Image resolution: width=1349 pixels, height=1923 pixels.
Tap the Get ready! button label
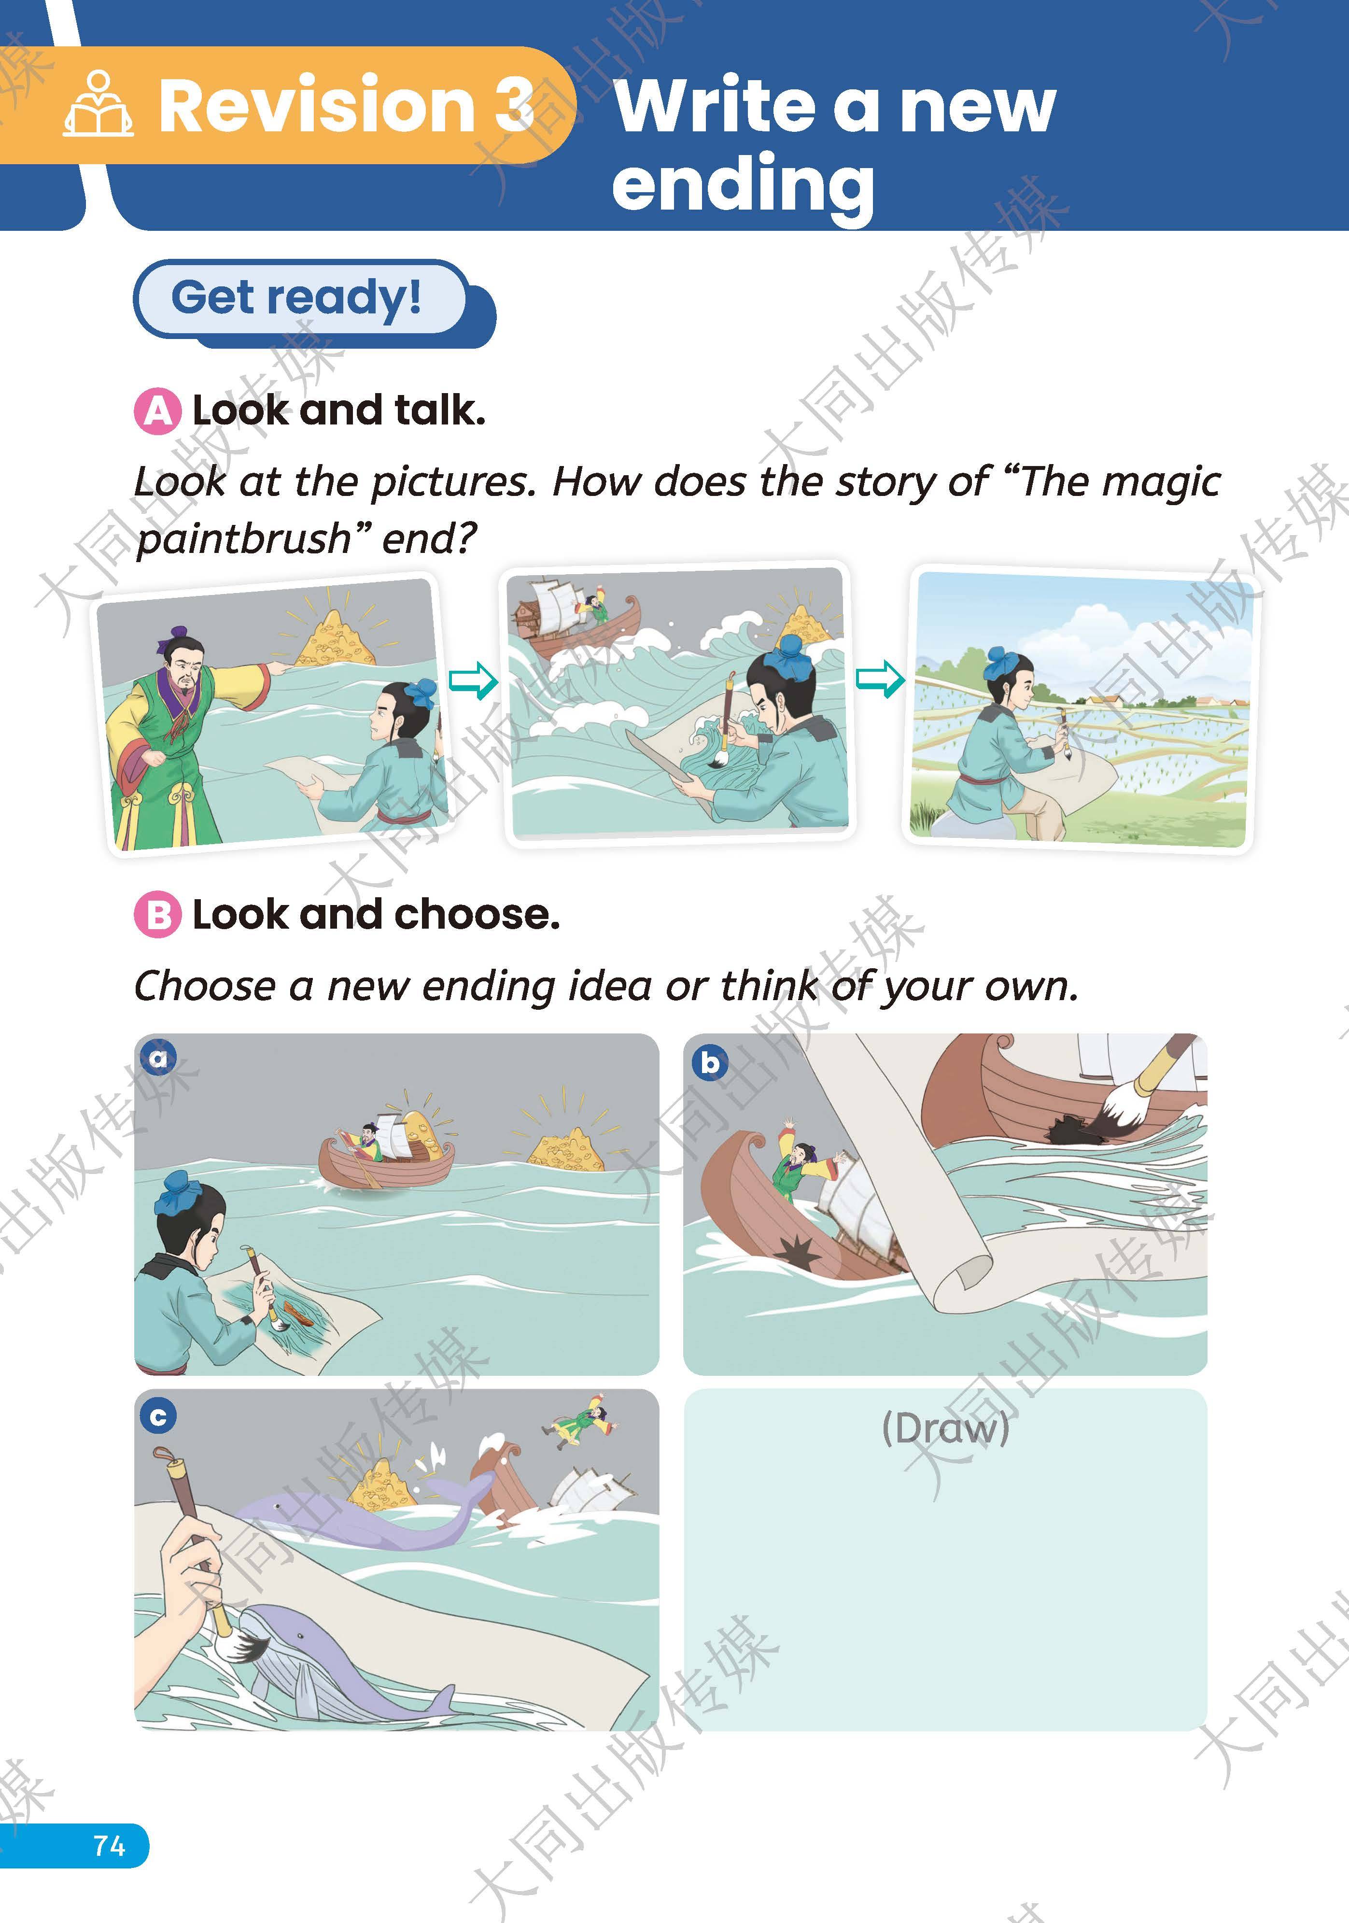coord(296,297)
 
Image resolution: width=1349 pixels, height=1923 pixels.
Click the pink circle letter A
coord(157,411)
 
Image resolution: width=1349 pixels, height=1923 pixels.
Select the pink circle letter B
coord(157,915)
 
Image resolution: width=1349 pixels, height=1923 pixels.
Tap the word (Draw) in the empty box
coord(945,1428)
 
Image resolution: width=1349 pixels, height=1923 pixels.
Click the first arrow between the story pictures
coord(473,679)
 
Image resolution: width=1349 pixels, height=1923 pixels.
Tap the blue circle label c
coord(158,1417)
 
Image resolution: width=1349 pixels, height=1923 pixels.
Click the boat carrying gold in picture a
coord(387,1149)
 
